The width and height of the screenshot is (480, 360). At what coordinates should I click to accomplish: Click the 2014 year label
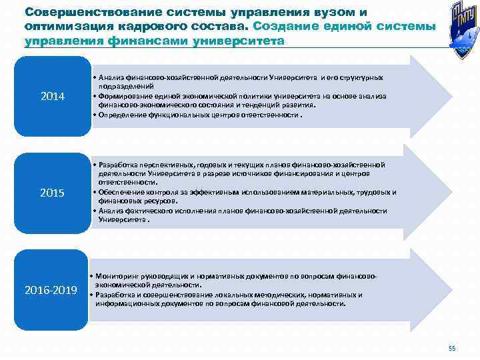(x=53, y=97)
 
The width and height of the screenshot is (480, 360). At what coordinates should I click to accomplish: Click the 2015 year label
(x=53, y=193)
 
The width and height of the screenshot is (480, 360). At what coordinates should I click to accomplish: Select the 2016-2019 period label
(x=51, y=290)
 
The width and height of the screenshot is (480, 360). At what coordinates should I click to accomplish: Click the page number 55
(x=452, y=349)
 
